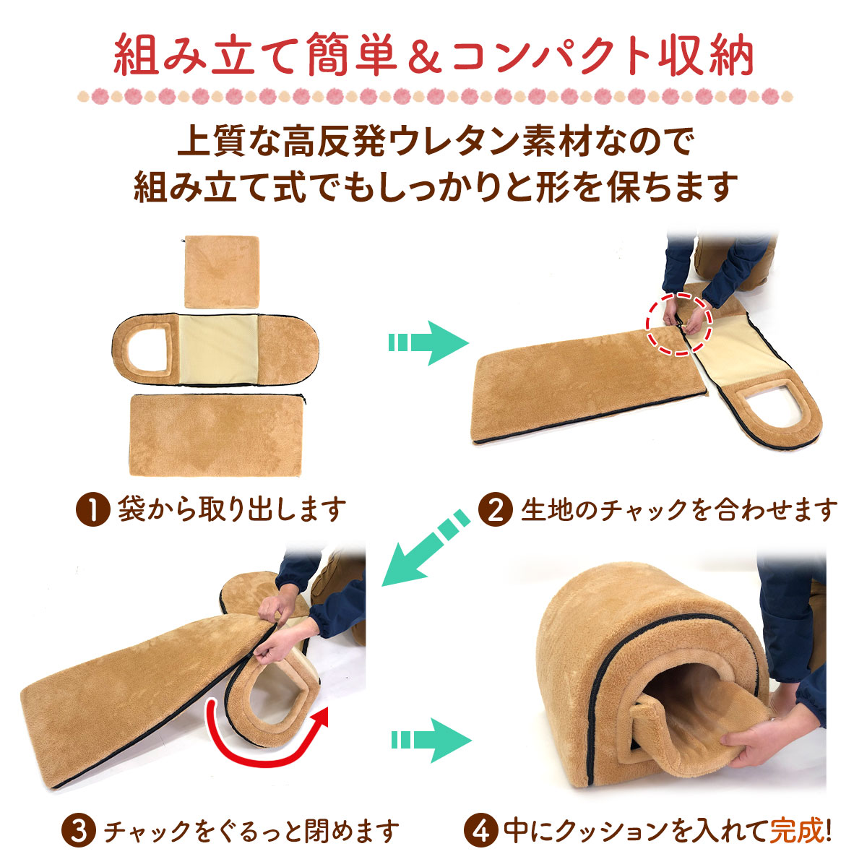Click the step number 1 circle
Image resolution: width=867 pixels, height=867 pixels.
pos(92,510)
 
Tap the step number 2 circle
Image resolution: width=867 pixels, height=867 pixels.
pos(496,510)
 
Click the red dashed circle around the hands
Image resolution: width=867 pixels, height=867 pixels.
pos(679,322)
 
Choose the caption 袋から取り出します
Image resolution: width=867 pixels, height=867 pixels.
pos(231,510)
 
